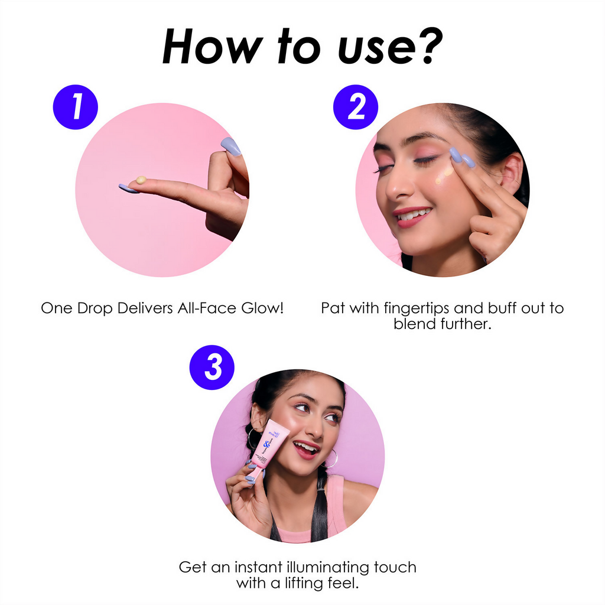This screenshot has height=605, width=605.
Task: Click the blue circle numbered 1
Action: (x=76, y=107)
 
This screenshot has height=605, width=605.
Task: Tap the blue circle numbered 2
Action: (x=356, y=107)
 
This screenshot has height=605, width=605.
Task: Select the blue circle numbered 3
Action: (x=212, y=367)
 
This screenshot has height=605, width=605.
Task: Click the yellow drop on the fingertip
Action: (x=141, y=180)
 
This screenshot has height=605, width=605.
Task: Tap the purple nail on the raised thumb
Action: (x=231, y=147)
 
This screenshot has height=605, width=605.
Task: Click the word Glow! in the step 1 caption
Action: (x=262, y=308)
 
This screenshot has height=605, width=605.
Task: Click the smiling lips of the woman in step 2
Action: (x=412, y=216)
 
